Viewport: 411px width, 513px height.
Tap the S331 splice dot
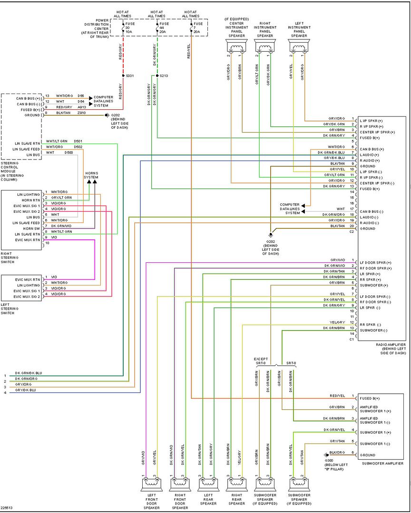tap(123, 76)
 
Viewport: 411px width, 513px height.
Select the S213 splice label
tap(164, 76)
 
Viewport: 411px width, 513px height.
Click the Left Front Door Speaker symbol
tap(151, 484)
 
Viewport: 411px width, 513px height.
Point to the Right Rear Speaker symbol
tap(236, 484)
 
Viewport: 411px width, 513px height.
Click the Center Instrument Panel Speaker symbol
tap(236, 46)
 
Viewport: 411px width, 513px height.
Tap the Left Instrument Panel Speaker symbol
tap(299, 46)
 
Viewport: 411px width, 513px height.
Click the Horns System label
tap(91, 175)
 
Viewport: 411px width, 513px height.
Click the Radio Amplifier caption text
tap(391, 349)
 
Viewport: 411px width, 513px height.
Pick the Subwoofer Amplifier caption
tap(382, 463)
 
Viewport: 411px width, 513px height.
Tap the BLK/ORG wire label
tap(337, 453)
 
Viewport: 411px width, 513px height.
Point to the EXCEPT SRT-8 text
tap(262, 361)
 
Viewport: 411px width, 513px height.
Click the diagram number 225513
tap(6, 508)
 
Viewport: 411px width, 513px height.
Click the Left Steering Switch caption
tap(10, 309)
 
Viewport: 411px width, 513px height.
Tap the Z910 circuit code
tap(81, 113)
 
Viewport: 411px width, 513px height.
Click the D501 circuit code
tap(78, 142)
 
